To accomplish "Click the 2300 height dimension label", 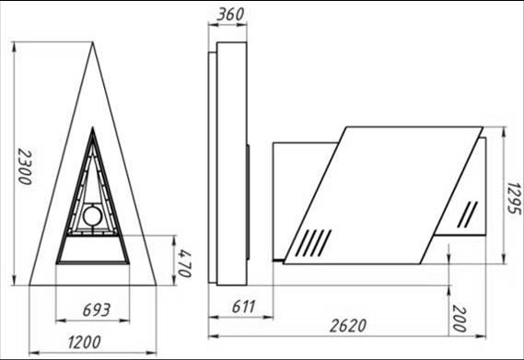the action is click(x=25, y=167).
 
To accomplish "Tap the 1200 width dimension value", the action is click(x=84, y=342).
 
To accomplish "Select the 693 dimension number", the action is click(x=97, y=310).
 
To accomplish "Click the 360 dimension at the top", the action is click(x=230, y=15).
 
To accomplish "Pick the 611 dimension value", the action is click(x=244, y=307).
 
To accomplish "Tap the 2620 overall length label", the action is click(x=348, y=326).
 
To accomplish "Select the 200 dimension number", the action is click(x=460, y=319).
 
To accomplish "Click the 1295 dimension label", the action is click(x=514, y=198).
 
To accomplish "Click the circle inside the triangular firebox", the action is click(x=93, y=216).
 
